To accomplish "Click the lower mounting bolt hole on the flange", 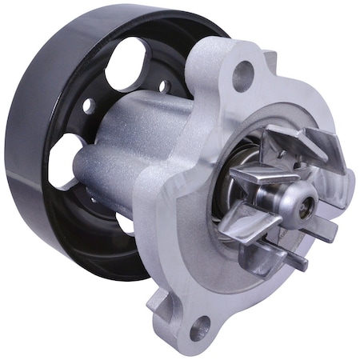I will [x=199, y=327].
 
